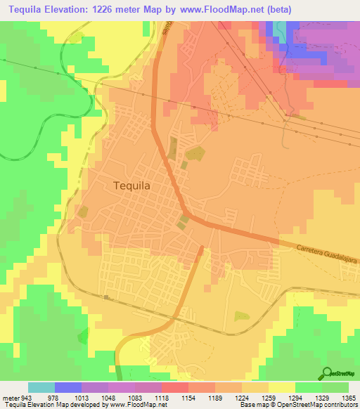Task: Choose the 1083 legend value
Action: (134, 398)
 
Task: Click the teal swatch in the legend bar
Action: (41, 387)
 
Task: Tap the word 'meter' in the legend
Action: (8, 398)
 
